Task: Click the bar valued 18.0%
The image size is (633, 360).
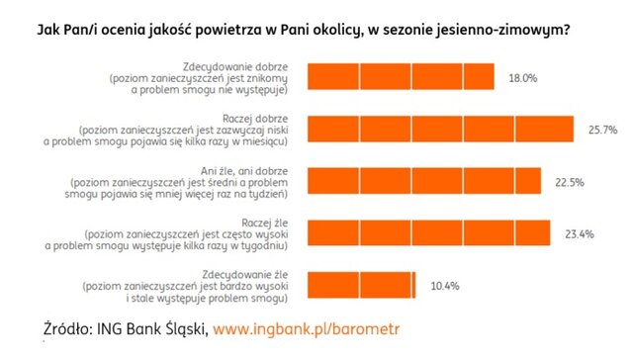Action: [402, 77]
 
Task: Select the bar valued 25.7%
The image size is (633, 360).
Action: [441, 129]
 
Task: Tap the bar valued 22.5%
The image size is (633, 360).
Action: [425, 180]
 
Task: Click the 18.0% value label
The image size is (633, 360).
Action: [522, 77]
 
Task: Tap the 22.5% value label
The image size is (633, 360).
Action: [570, 180]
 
